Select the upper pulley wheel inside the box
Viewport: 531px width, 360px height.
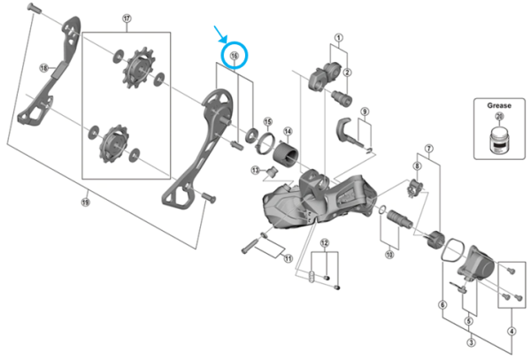point(137,69)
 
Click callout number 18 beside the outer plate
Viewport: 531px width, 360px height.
point(43,67)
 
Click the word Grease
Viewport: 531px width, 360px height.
point(499,103)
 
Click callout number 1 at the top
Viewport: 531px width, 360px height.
point(338,39)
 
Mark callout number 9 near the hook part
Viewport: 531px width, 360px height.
point(363,111)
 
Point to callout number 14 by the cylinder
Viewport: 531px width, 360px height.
point(287,132)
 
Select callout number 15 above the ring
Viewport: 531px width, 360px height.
point(266,120)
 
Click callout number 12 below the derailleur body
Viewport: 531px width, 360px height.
point(325,243)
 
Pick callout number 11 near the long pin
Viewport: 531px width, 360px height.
point(287,258)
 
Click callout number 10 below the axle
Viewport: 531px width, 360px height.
point(388,255)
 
